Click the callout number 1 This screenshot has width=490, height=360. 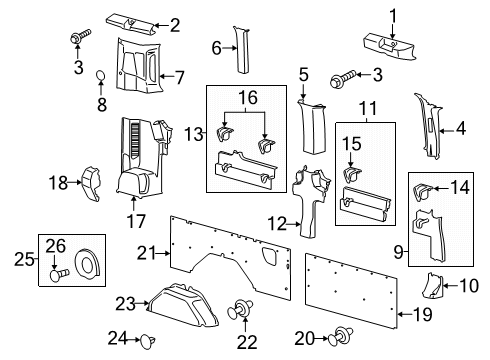click(393, 14)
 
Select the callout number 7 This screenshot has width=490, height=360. click(179, 76)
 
